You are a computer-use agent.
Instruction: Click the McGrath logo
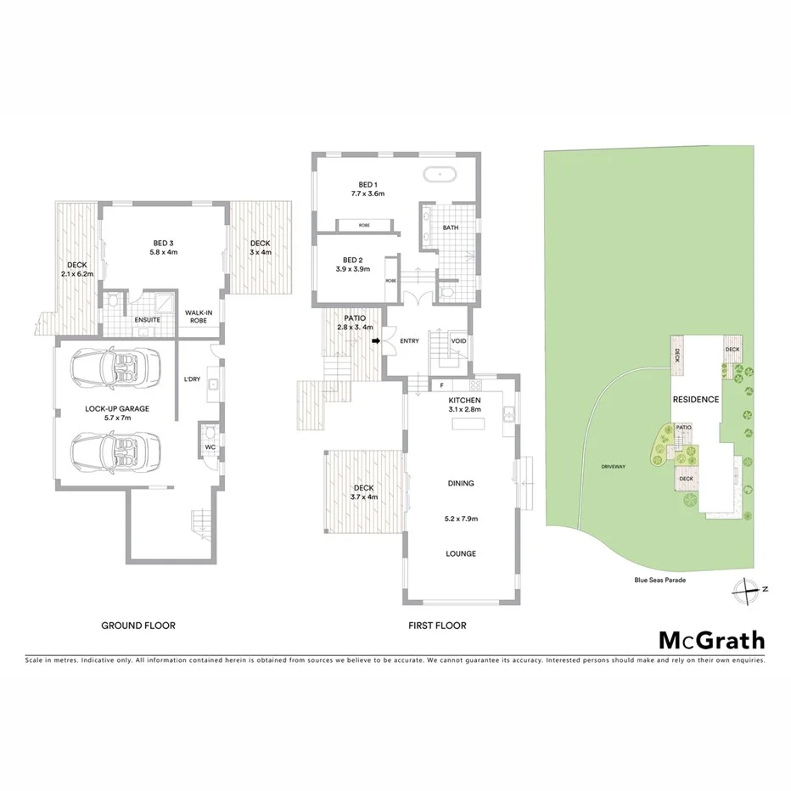pyautogui.click(x=711, y=641)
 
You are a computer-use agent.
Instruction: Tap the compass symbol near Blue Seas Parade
pyautogui.click(x=746, y=587)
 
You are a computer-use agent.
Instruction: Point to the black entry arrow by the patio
pyautogui.click(x=376, y=341)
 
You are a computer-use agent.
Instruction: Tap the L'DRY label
pyautogui.click(x=192, y=379)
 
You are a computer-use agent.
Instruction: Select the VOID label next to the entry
pyautogui.click(x=459, y=341)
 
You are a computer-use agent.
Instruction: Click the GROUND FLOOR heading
pyautogui.click(x=138, y=626)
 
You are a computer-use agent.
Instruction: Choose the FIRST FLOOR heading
pyautogui.click(x=436, y=626)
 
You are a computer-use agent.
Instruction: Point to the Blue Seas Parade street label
pyautogui.click(x=659, y=581)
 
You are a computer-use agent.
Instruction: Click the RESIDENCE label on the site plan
pyautogui.click(x=696, y=399)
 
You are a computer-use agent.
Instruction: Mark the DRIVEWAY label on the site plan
pyautogui.click(x=613, y=467)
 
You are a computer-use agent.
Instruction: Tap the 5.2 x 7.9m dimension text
pyautogui.click(x=461, y=518)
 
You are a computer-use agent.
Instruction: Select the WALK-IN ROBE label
pyautogui.click(x=199, y=317)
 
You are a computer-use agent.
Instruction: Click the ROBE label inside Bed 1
pyautogui.click(x=364, y=226)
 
